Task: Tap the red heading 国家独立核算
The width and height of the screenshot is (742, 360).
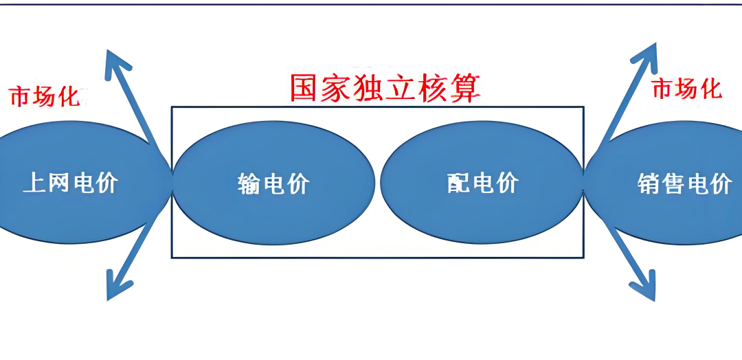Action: coord(384,89)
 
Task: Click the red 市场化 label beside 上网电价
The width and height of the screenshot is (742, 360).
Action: coord(45,97)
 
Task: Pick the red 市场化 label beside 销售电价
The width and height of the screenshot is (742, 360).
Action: coord(686,89)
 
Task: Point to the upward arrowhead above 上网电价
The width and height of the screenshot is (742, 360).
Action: coord(116,63)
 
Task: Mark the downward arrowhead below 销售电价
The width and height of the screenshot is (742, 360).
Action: coord(642,287)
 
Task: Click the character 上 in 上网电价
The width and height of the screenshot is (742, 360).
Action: coord(34,182)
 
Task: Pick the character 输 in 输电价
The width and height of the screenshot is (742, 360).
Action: coord(249,184)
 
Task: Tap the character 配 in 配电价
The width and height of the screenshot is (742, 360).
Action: coord(458,183)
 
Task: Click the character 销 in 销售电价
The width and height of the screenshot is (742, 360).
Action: coord(649,184)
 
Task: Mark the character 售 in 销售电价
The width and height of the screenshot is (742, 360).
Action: coord(673,184)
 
